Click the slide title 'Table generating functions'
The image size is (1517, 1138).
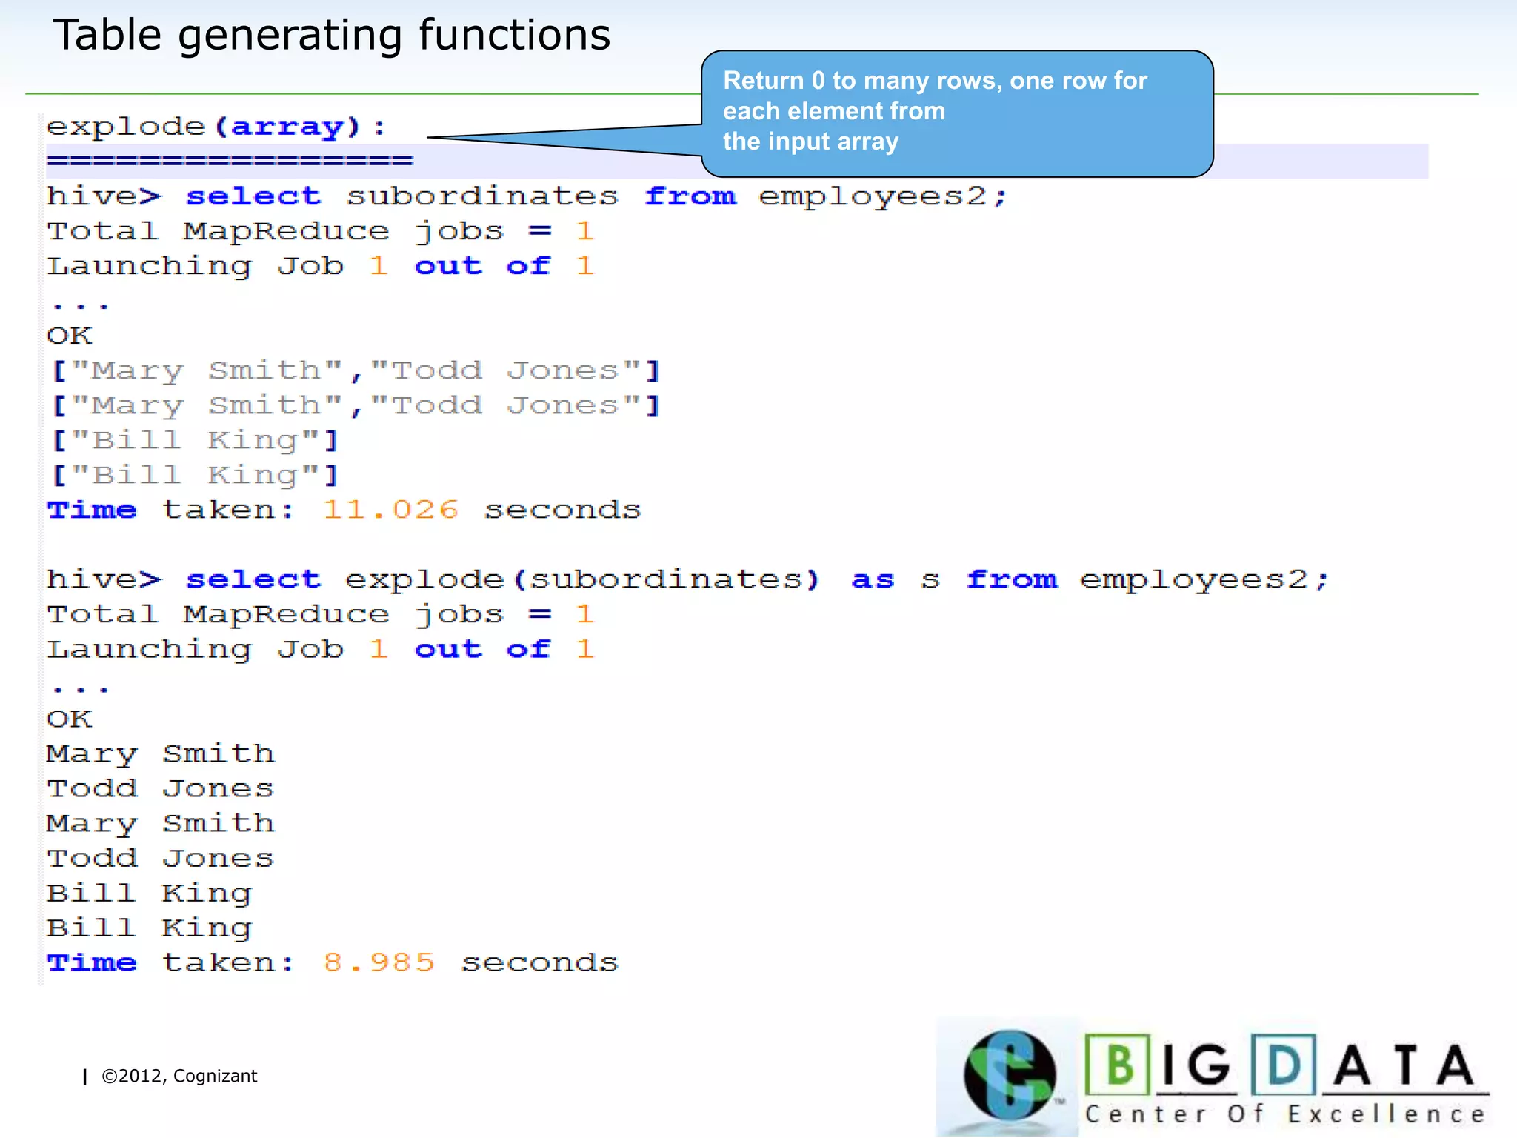[331, 36]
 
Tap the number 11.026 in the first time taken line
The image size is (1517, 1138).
[390, 510]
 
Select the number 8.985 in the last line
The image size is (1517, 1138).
[379, 962]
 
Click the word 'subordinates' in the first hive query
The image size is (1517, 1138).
[482, 196]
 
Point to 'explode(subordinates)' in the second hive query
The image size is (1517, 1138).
[582, 579]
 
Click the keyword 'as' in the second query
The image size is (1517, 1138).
[873, 579]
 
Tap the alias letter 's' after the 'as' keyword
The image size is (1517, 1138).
[930, 580]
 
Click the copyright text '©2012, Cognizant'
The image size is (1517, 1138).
[179, 1076]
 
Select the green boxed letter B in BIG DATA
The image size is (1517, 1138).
[1118, 1065]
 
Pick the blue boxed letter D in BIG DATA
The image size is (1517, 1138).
[1284, 1065]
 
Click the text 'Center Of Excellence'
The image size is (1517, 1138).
[1285, 1114]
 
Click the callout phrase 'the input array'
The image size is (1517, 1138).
[810, 142]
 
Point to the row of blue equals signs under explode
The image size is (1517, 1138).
[230, 161]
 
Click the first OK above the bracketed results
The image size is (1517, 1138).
[70, 336]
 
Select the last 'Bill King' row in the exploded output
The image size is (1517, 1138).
[150, 928]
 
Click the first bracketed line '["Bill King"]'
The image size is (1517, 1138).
[196, 441]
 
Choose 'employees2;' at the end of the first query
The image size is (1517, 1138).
[882, 196]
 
